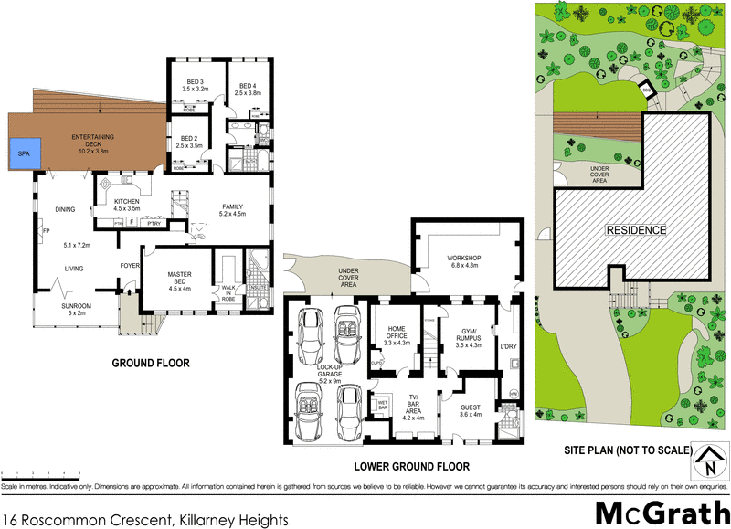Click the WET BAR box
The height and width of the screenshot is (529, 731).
[x=383, y=402]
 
